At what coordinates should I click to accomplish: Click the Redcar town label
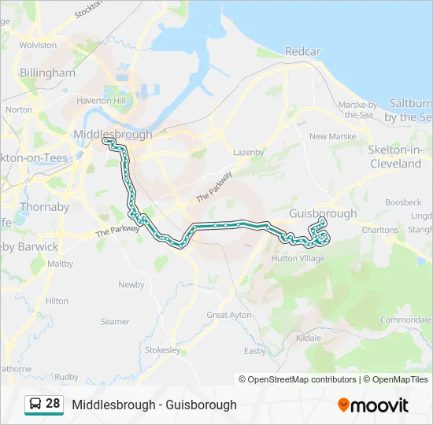[x=302, y=52]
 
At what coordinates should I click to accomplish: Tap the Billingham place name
[x=48, y=73]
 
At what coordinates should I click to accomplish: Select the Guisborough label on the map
[x=323, y=213]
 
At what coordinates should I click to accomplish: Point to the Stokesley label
[x=163, y=350]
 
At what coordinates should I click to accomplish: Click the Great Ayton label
[x=229, y=315]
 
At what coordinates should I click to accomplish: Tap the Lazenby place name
[x=249, y=152]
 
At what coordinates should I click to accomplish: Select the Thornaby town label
[x=44, y=208]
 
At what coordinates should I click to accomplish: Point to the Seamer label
[x=115, y=321]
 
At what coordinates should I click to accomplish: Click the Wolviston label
[x=38, y=46]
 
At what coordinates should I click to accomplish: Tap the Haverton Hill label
[x=101, y=101]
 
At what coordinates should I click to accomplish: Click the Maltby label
[x=61, y=264]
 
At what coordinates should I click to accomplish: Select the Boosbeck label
[x=404, y=202]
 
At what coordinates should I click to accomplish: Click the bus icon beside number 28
[x=35, y=405]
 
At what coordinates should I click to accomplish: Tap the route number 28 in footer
[x=53, y=404]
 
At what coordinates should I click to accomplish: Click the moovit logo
[x=373, y=405]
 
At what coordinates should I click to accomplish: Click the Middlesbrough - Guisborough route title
[x=154, y=405]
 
